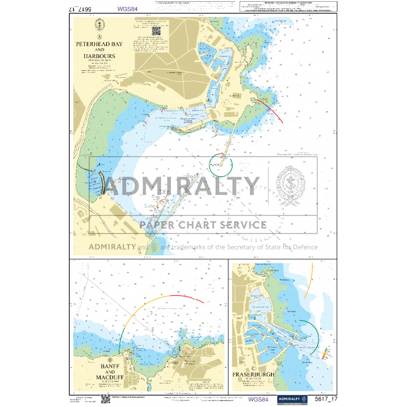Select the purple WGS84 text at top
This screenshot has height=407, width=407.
(127, 9)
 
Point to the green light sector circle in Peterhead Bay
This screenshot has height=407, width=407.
(220, 164)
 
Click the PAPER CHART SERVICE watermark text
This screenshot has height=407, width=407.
(203, 224)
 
